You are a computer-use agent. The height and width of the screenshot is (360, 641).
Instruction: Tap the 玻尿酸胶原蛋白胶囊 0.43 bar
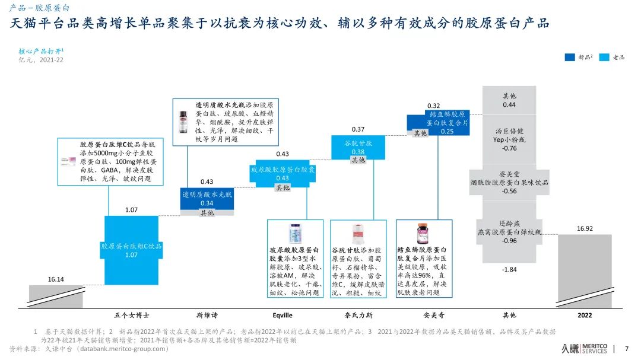point(282,173)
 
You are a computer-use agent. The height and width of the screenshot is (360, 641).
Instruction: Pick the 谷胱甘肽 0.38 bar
point(357,147)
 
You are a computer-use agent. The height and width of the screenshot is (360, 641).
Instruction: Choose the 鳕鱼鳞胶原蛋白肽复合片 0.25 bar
point(438,122)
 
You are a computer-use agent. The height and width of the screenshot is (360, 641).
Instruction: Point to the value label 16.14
point(56,279)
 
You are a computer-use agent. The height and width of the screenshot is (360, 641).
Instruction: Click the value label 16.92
point(585,228)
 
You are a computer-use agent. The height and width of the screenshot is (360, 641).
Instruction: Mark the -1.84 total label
point(509,270)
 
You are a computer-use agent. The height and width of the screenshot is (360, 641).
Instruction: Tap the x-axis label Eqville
point(282,316)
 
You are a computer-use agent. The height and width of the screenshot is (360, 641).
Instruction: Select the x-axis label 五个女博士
point(131,316)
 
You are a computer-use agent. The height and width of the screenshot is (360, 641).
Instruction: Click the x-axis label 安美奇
point(433,316)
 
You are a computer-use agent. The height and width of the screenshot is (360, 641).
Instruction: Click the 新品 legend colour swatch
point(569,58)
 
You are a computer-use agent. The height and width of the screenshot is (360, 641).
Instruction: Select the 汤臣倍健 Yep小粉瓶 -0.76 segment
point(509,139)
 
